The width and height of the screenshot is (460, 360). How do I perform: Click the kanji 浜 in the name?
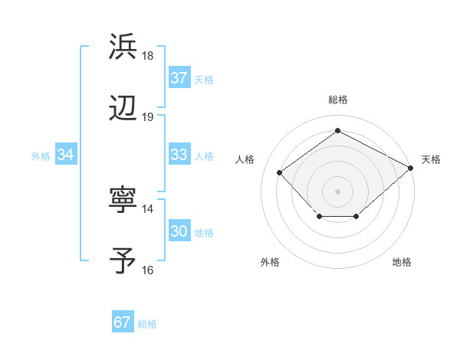click(123, 47)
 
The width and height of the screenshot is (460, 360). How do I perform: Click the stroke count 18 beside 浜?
click(148, 56)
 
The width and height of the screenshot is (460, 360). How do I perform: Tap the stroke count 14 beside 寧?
click(148, 209)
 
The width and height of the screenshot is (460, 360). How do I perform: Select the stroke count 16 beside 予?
click(148, 270)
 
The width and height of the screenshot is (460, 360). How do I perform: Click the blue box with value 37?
click(179, 78)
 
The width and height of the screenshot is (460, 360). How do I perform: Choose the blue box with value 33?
click(179, 155)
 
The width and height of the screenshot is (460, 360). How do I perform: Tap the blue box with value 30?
click(179, 231)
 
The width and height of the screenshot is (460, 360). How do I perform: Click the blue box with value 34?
click(66, 155)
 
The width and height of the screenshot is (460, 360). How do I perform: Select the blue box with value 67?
click(123, 322)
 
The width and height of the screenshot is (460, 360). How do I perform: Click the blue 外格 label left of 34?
click(41, 156)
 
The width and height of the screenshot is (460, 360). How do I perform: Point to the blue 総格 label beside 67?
click(147, 324)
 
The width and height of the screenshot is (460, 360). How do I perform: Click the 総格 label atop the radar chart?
click(337, 100)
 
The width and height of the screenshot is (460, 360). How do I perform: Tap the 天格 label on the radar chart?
click(431, 159)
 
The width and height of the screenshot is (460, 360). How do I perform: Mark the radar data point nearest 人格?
click(280, 172)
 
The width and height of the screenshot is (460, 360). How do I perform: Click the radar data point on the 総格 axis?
click(337, 131)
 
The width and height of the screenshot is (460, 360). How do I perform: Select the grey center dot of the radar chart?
click(337, 191)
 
